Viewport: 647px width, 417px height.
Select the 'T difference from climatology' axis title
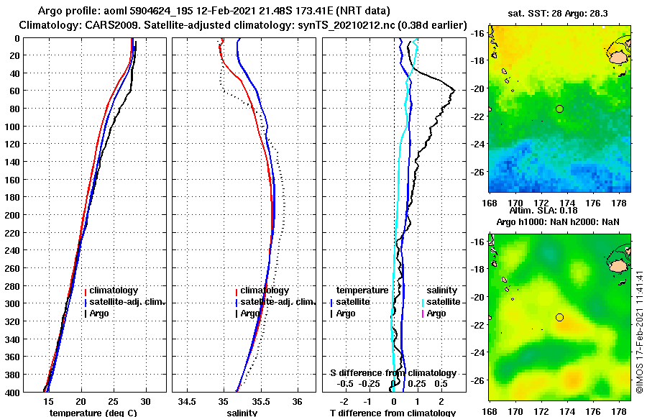point(393,413)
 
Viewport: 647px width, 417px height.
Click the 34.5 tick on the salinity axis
point(187,401)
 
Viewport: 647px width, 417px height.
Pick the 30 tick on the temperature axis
point(145,401)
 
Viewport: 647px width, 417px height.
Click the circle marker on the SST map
point(559,109)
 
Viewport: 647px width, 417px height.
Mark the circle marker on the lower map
point(559,317)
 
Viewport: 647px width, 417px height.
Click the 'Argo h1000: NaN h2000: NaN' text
point(558,223)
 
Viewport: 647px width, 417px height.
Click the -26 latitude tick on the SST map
point(477,173)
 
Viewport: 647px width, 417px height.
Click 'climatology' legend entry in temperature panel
point(114,290)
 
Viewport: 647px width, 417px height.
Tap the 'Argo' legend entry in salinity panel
point(250,313)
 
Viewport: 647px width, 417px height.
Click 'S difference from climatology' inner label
point(393,373)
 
